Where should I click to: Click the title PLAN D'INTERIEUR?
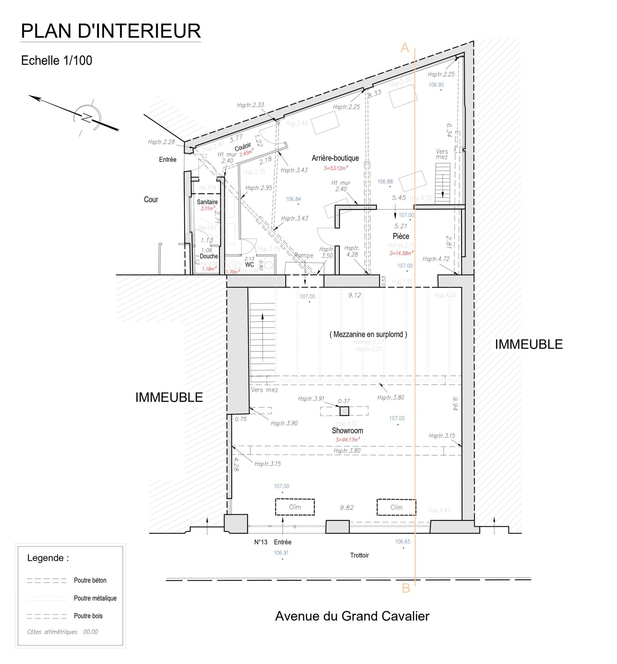(x=111, y=31)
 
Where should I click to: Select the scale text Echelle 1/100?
(x=57, y=61)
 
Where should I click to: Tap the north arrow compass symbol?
(x=88, y=118)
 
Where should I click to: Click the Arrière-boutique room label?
(x=335, y=158)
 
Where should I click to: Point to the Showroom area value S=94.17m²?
(x=347, y=439)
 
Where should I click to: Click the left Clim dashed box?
(x=295, y=507)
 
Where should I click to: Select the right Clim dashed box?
(x=396, y=507)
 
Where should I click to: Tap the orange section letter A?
(x=404, y=48)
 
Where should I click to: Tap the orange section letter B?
(x=406, y=588)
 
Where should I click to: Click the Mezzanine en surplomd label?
(x=368, y=335)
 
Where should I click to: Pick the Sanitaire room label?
(x=207, y=202)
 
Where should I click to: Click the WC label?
(x=249, y=265)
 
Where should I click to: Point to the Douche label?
(x=209, y=256)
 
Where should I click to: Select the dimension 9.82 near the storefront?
(x=346, y=508)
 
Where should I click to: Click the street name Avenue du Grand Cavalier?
(x=352, y=616)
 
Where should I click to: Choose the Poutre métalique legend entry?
(x=95, y=598)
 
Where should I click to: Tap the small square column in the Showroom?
(x=344, y=411)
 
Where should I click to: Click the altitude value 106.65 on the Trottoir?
(x=402, y=542)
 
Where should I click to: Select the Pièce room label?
(x=401, y=236)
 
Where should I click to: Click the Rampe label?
(x=304, y=255)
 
